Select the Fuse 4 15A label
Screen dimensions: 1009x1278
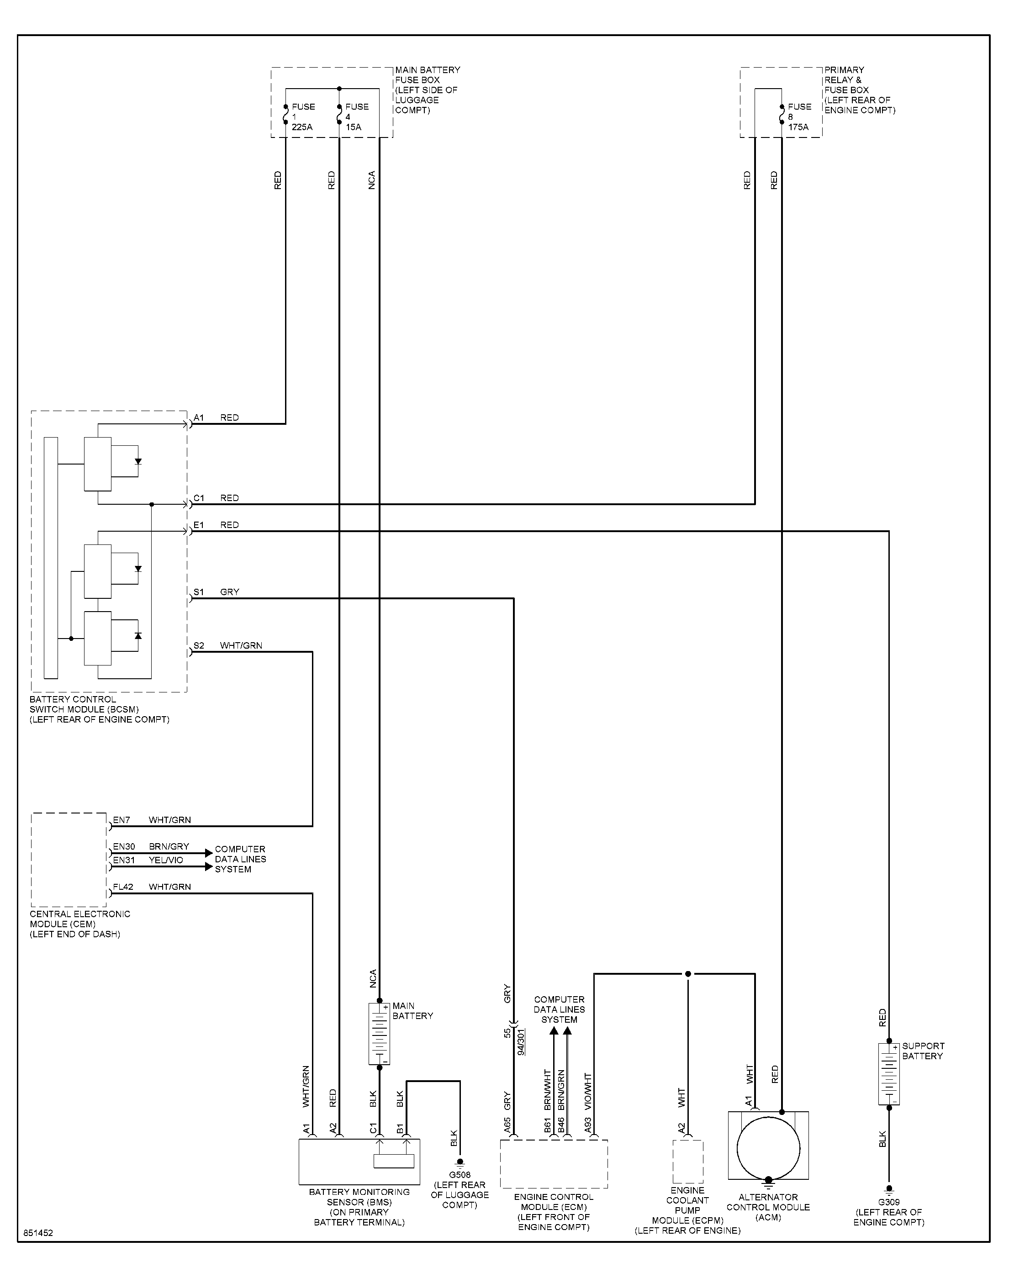click(357, 117)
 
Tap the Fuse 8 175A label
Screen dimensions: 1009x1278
click(799, 117)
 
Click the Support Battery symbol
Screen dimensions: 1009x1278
click(889, 1074)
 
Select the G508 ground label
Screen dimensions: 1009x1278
click(460, 1175)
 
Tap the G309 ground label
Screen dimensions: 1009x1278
click(888, 1202)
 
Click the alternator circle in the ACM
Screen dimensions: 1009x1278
click(768, 1149)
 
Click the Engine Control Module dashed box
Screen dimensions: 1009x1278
click(554, 1163)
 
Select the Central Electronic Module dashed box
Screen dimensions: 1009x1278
click(69, 859)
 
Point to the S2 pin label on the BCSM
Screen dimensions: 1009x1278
click(199, 645)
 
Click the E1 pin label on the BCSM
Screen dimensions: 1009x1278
click(199, 525)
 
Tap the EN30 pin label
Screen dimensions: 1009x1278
click(124, 846)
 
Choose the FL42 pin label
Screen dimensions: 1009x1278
click(123, 887)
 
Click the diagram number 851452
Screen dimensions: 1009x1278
click(38, 1233)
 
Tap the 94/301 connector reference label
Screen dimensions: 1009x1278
click(520, 1042)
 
